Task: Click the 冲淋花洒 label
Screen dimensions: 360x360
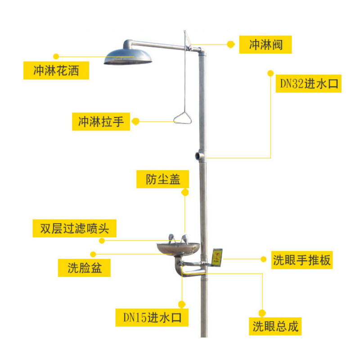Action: click(55, 71)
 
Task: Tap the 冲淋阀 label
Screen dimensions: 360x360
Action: click(266, 45)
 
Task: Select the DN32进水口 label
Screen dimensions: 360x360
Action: click(308, 84)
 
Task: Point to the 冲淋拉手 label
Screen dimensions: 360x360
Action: click(101, 121)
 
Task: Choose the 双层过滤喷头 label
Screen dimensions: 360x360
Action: click(75, 228)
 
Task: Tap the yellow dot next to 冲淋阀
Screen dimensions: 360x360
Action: click(231, 44)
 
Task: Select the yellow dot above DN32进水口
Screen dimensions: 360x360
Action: click(270, 72)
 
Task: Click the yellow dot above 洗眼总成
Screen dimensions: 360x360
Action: click(262, 312)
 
